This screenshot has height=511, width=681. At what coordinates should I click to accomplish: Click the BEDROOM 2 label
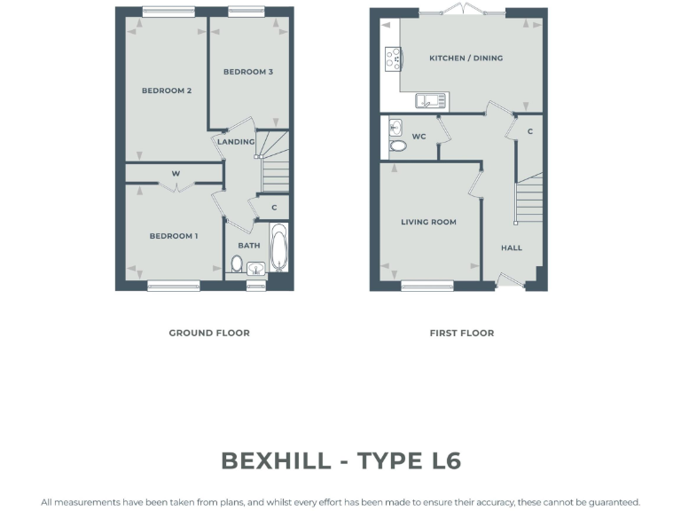click(167, 90)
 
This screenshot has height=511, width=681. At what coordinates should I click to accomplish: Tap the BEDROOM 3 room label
click(247, 72)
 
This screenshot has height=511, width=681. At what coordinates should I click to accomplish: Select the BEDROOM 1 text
click(173, 236)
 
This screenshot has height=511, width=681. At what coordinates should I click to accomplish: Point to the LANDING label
click(236, 142)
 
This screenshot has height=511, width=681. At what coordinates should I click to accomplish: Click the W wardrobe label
click(176, 173)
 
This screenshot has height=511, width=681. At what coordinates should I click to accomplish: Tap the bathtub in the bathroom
click(278, 248)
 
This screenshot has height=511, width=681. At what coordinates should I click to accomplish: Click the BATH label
click(248, 246)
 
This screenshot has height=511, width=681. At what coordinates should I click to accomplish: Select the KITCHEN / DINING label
click(466, 59)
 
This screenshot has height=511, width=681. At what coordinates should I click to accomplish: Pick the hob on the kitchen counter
click(391, 59)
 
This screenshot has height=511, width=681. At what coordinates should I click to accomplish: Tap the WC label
click(419, 137)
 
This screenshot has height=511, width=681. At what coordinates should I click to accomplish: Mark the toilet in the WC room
click(397, 145)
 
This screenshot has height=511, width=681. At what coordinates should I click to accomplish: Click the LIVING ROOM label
click(428, 223)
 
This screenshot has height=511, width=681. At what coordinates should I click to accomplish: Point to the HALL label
click(512, 248)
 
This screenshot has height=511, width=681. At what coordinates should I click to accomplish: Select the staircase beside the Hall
click(529, 200)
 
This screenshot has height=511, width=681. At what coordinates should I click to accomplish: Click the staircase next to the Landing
click(275, 169)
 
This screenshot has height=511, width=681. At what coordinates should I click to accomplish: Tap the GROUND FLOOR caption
click(209, 334)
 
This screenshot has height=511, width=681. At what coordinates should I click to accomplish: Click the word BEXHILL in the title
click(280, 461)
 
